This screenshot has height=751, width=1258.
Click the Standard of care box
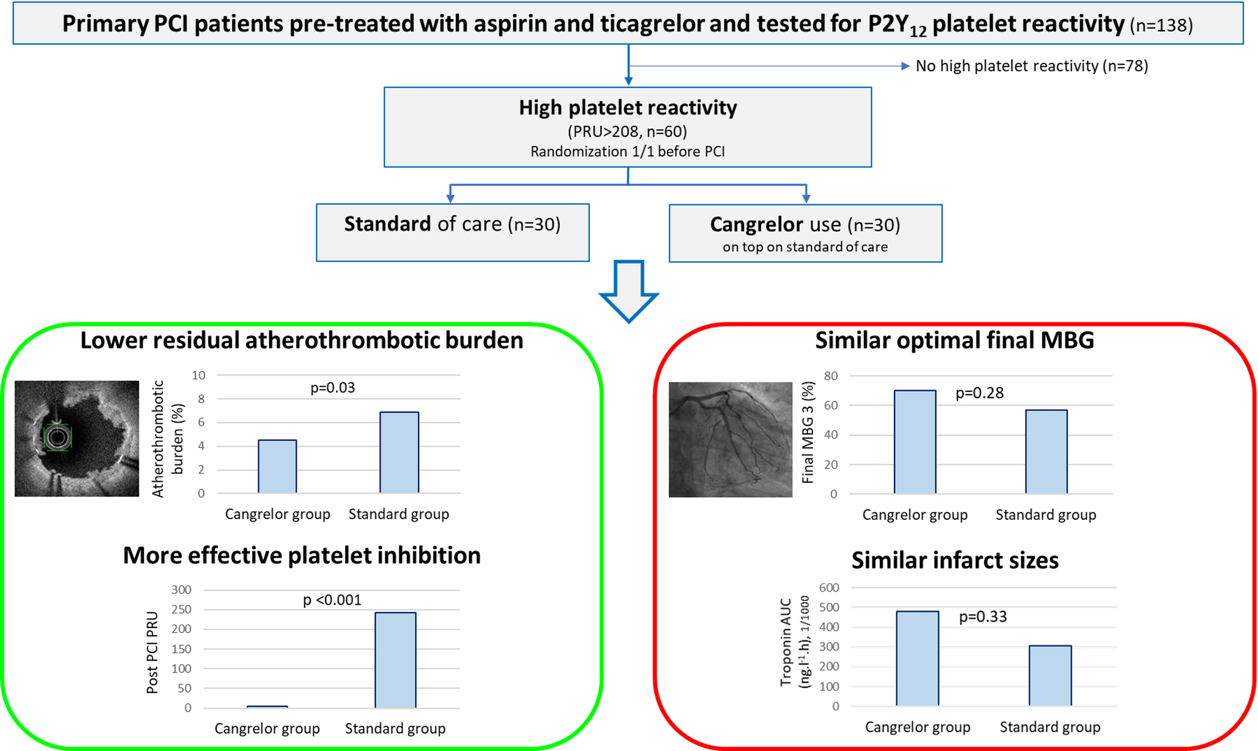452,232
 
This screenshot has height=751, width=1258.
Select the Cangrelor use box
805,233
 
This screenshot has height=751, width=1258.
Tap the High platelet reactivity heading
628,108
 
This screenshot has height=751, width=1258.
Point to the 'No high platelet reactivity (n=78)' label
1032,66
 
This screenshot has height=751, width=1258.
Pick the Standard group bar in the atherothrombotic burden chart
399,453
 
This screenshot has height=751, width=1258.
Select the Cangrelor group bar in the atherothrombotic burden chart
277,466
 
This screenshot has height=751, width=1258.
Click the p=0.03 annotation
332,388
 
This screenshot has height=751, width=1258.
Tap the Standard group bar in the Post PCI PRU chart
395,660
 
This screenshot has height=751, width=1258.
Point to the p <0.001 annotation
332,600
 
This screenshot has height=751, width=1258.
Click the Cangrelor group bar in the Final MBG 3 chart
915,442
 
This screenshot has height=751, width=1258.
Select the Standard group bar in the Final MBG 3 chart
1046,451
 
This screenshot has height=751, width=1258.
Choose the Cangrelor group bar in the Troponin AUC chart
917,658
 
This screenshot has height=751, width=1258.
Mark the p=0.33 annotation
983,616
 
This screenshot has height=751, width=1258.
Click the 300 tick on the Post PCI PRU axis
181,590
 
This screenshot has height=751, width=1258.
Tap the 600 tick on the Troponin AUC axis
829,588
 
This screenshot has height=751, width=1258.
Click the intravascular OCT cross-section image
76,438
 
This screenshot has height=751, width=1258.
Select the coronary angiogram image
731,440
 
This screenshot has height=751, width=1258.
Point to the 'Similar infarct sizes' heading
955,560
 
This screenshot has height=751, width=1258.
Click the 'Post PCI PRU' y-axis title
152,653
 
